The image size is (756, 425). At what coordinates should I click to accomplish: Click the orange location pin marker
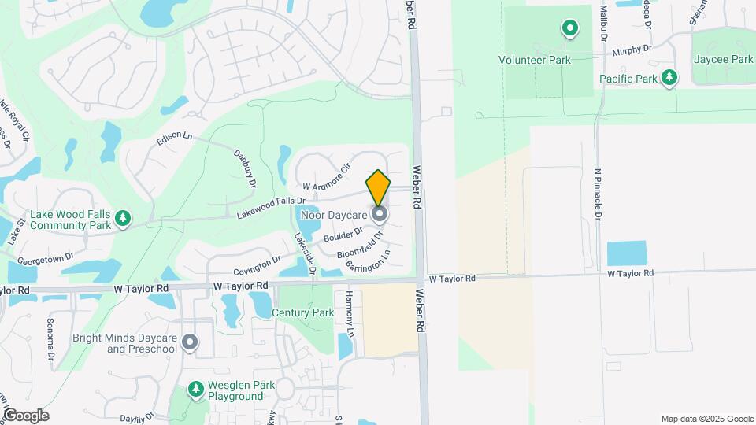pos(378,187)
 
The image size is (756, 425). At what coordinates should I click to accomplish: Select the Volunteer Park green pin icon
pos(569,30)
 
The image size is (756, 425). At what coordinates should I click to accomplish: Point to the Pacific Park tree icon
pos(669,77)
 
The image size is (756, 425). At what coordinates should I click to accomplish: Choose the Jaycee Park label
pos(722,59)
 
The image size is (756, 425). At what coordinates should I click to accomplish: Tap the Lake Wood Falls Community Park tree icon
pos(122,217)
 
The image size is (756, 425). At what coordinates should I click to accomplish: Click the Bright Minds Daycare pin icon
pos(189,342)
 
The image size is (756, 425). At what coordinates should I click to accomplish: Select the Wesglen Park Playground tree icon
pos(195,389)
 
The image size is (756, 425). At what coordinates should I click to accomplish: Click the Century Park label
pos(303,312)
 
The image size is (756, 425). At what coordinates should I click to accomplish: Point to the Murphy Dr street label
pos(632,50)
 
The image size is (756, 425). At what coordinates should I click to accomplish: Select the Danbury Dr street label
pos(245,168)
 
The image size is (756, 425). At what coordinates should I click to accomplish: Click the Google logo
pos(26,415)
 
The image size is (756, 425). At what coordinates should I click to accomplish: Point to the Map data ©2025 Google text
pos(706,419)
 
